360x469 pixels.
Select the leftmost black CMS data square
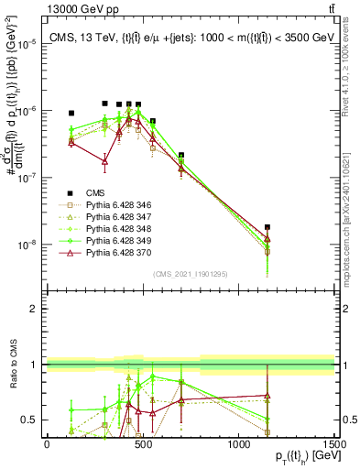(x=71, y=113)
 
